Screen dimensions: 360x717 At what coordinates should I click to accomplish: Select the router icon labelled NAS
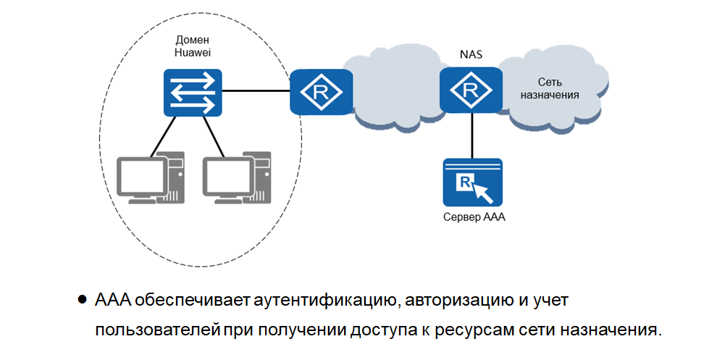click(x=471, y=90)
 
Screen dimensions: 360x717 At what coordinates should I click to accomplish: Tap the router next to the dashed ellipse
click(x=321, y=91)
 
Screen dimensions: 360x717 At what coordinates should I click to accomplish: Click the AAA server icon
click(x=472, y=183)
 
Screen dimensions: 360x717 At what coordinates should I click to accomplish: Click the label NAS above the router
click(x=471, y=55)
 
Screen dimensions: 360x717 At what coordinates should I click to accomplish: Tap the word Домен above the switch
click(x=191, y=39)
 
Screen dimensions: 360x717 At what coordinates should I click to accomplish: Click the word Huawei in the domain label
click(x=191, y=52)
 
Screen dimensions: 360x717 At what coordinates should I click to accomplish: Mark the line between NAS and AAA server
click(x=472, y=135)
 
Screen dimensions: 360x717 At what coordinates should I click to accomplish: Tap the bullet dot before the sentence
click(x=83, y=298)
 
